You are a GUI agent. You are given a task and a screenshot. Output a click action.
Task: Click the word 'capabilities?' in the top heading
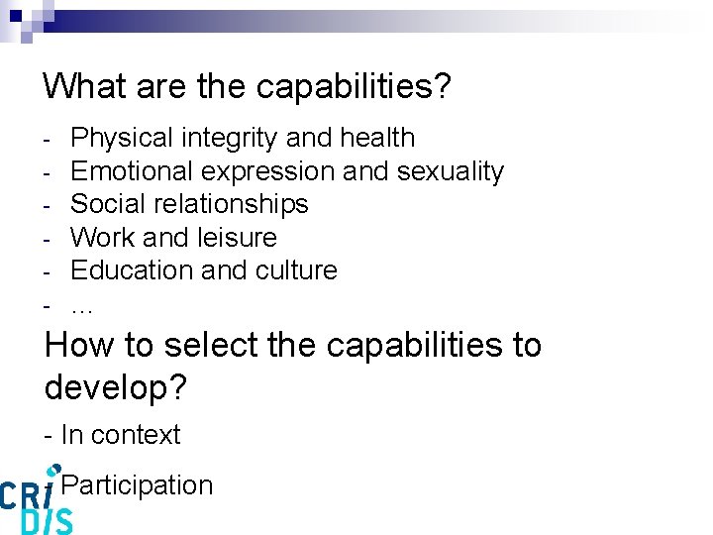[354, 87]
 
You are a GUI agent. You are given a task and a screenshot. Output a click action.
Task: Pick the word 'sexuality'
[451, 171]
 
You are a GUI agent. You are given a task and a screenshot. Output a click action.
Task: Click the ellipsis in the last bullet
[83, 305]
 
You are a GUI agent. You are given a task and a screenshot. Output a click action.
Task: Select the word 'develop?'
[115, 387]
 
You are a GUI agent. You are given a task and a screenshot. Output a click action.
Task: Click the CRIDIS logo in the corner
[36, 500]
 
